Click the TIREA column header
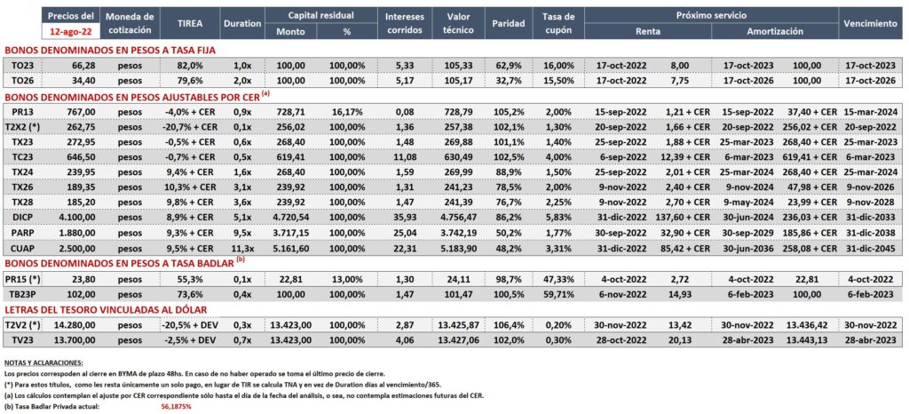(x=190, y=23)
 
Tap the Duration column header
(x=241, y=23)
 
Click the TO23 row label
(x=21, y=65)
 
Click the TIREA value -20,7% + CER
(x=190, y=126)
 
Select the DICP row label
(x=21, y=217)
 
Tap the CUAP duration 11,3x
(x=241, y=248)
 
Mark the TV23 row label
(x=21, y=339)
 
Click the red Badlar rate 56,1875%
(x=177, y=407)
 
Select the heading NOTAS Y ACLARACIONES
(x=43, y=362)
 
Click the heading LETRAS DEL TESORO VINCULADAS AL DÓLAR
(x=106, y=310)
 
